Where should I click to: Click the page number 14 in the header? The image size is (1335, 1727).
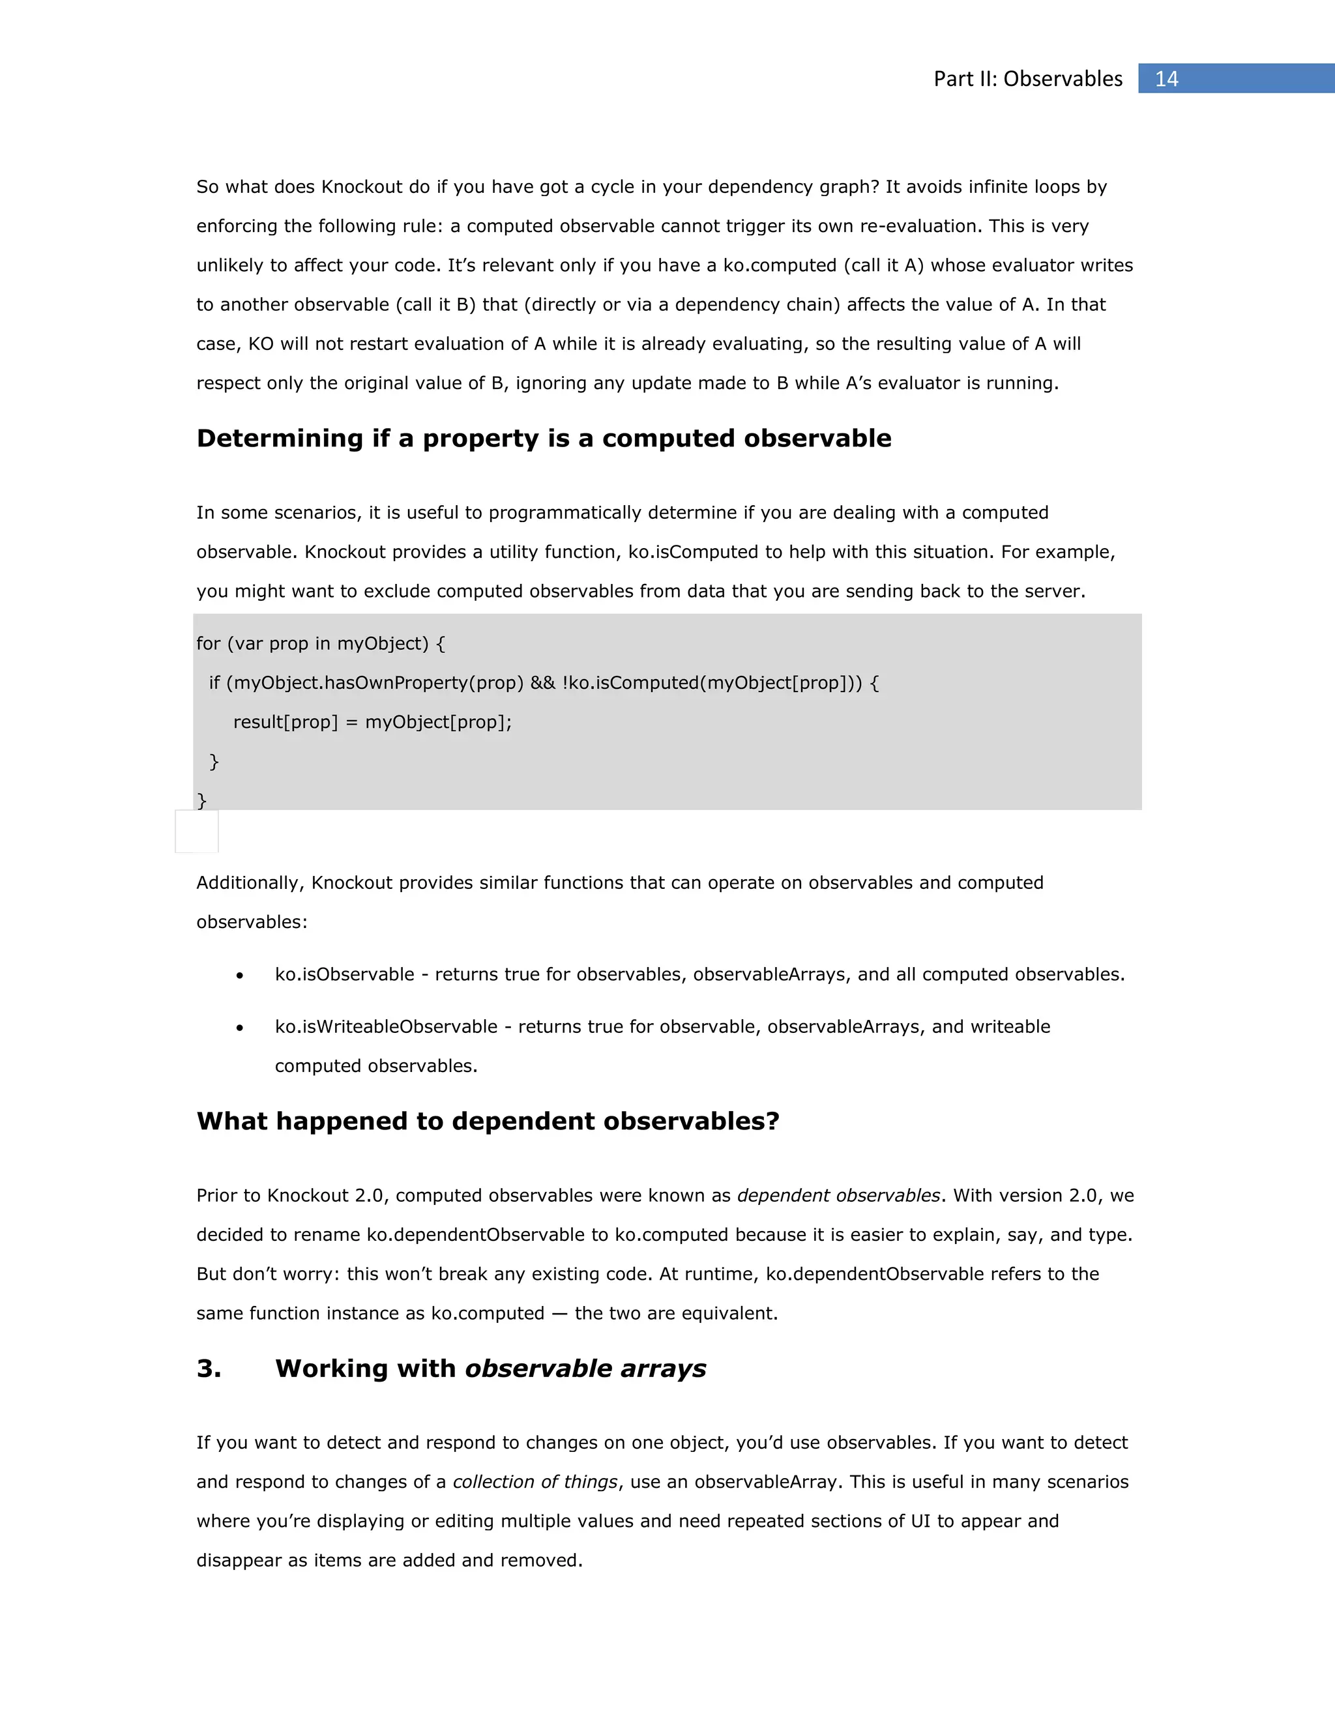coord(1167,79)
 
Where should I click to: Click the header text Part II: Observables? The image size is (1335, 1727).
coord(1027,79)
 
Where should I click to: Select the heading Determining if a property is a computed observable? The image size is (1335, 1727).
coord(544,438)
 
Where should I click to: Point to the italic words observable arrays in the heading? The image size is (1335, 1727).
coord(585,1368)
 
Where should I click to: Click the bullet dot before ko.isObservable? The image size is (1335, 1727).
coord(240,976)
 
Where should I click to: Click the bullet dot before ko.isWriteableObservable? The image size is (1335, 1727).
coord(240,1028)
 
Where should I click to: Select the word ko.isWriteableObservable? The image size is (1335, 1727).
coord(386,1026)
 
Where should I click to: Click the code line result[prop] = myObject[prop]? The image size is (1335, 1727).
coord(372,722)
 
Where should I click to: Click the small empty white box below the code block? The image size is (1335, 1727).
coord(196,831)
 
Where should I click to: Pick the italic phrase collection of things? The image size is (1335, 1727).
coord(535,1482)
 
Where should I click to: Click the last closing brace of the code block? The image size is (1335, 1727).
coord(201,800)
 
